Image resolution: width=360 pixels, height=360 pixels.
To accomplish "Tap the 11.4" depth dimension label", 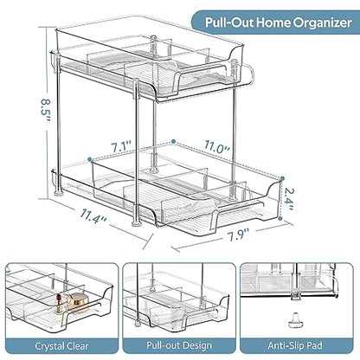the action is (93, 216).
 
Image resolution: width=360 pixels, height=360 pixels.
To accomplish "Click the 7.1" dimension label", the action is (122, 146).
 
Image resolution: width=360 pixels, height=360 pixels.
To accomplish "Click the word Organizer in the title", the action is (323, 22).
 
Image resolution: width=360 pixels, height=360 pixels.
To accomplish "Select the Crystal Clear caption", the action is (61, 346).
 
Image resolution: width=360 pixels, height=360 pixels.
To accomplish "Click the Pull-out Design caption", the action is (179, 345).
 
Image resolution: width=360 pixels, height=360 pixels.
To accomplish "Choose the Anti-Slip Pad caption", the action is (295, 345).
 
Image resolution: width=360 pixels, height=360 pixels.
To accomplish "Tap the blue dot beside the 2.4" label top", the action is (282, 178).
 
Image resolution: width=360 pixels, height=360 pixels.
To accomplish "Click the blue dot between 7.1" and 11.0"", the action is (173, 141).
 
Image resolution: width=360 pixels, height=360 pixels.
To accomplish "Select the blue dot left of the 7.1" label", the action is (90, 159).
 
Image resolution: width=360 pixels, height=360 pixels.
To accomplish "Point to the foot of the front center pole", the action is (136, 223).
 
